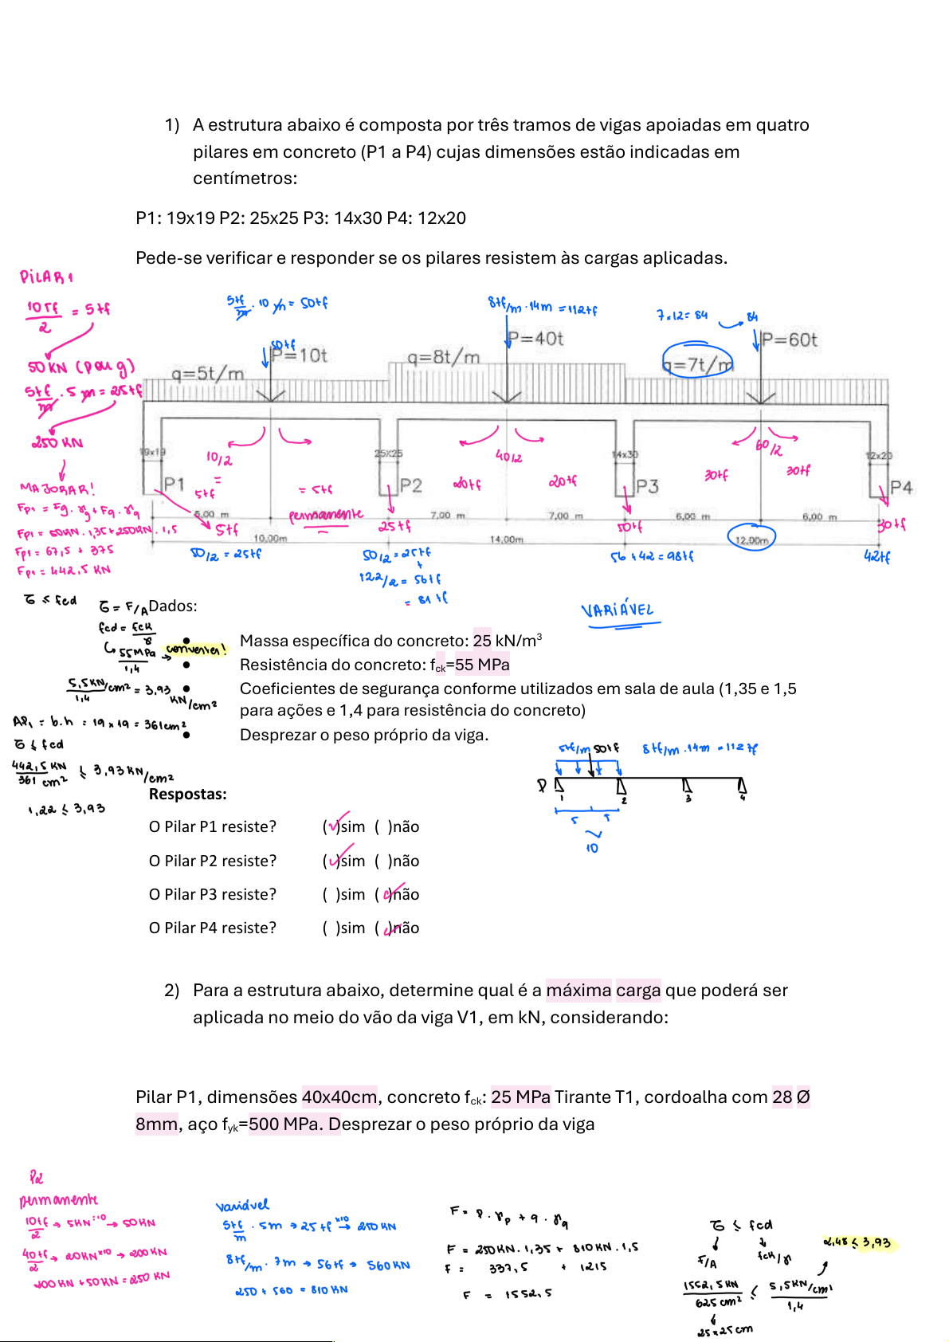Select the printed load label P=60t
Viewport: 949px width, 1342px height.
pyautogui.click(x=790, y=340)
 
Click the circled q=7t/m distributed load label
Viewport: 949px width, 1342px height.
pyautogui.click(x=697, y=364)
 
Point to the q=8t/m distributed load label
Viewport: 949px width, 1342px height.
pyautogui.click(x=444, y=358)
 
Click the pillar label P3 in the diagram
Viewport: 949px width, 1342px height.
pyautogui.click(x=647, y=486)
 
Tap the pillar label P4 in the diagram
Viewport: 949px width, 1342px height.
pyautogui.click(x=901, y=487)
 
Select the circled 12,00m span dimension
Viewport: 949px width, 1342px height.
pyautogui.click(x=751, y=540)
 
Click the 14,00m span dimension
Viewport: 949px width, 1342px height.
pyautogui.click(x=507, y=540)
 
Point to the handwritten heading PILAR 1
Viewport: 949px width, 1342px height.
pyautogui.click(x=46, y=277)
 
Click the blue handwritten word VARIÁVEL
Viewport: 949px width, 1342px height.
pyautogui.click(x=618, y=610)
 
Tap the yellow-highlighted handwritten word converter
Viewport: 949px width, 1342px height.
pyautogui.click(x=195, y=649)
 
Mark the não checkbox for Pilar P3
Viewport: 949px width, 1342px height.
pyautogui.click(x=386, y=895)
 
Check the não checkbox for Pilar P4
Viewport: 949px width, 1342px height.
pyautogui.click(x=386, y=928)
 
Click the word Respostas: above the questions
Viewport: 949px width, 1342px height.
pyautogui.click(x=188, y=794)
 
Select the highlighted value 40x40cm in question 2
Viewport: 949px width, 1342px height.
pyautogui.click(x=339, y=1097)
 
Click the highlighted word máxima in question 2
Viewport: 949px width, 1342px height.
pyautogui.click(x=578, y=991)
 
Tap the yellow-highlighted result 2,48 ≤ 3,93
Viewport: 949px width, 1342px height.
pyautogui.click(x=857, y=1242)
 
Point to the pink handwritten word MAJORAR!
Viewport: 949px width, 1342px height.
pyautogui.click(x=57, y=489)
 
